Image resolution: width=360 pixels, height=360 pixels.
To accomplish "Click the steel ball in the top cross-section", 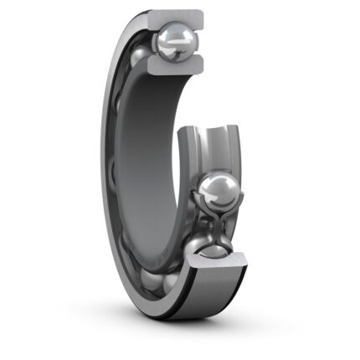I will click(x=177, y=38).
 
